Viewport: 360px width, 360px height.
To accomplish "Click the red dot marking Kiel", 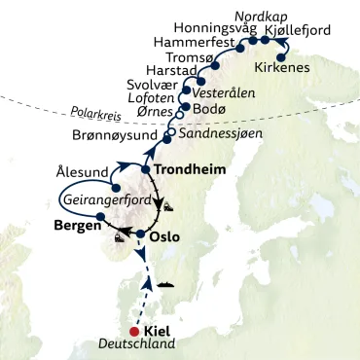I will click(133, 329).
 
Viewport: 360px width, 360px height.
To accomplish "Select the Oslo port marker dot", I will click(141, 235).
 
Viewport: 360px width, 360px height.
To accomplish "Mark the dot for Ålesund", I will click(116, 191).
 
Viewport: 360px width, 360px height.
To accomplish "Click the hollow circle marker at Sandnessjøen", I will click(172, 131).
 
